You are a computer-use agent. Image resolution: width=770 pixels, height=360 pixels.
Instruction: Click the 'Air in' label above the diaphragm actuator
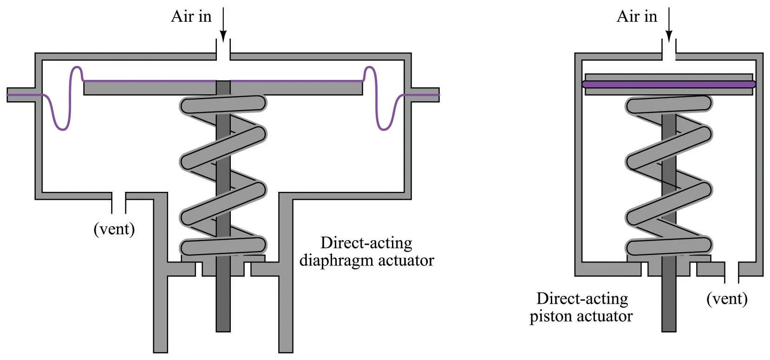[x=191, y=17]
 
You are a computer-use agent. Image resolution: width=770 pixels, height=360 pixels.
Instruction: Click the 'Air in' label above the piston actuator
[x=636, y=17]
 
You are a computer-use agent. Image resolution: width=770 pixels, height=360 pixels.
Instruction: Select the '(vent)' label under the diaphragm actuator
[x=114, y=229]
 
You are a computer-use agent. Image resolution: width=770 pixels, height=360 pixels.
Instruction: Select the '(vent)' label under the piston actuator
[x=727, y=298]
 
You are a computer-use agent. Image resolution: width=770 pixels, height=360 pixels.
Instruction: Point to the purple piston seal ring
[x=669, y=85]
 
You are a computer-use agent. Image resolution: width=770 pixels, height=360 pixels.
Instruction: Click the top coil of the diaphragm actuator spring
[x=223, y=105]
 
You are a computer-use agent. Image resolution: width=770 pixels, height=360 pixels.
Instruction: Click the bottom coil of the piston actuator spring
[x=669, y=246]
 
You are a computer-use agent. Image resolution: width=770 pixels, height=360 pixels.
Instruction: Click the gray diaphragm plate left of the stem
[x=149, y=89]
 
